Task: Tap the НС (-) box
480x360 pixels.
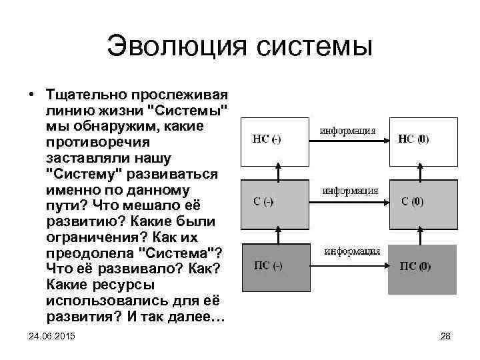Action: point(274,141)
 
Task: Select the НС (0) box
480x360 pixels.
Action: point(422,141)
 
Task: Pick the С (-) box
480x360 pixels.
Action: point(274,202)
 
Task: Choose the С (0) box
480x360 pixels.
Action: point(422,202)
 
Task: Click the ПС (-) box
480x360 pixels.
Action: point(274,267)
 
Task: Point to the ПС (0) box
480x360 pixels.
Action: point(422,267)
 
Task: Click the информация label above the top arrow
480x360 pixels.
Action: point(349,129)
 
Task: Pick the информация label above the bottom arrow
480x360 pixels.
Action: point(352,251)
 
